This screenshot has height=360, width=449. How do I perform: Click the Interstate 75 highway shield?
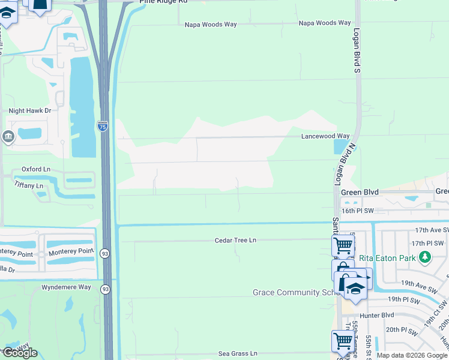pyautogui.click(x=103, y=127)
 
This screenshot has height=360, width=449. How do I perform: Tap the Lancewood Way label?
pyautogui.click(x=325, y=137)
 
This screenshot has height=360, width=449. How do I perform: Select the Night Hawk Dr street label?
pyautogui.click(x=30, y=111)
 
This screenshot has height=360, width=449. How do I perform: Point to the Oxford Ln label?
pyautogui.click(x=36, y=170)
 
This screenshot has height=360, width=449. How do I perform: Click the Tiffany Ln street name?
pyautogui.click(x=29, y=186)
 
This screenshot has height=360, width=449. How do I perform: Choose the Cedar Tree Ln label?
pyautogui.click(x=235, y=241)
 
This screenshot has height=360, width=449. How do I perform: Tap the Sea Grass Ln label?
pyautogui.click(x=237, y=354)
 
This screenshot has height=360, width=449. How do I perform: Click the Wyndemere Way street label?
pyautogui.click(x=66, y=287)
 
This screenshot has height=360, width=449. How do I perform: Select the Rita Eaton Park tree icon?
pyautogui.click(x=425, y=258)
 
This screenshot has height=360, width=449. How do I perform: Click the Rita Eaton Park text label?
pyautogui.click(x=388, y=259)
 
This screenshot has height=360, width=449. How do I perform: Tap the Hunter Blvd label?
pyautogui.click(x=376, y=315)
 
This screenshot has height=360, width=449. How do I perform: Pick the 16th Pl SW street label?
pyautogui.click(x=357, y=211)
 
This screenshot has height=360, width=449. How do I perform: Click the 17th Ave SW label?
pyautogui.click(x=431, y=230)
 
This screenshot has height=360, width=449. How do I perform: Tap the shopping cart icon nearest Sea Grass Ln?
pyautogui.click(x=342, y=341)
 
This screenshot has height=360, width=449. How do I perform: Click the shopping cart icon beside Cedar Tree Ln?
pyautogui.click(x=342, y=244)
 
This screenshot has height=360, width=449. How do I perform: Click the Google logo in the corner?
pyautogui.click(x=20, y=353)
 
